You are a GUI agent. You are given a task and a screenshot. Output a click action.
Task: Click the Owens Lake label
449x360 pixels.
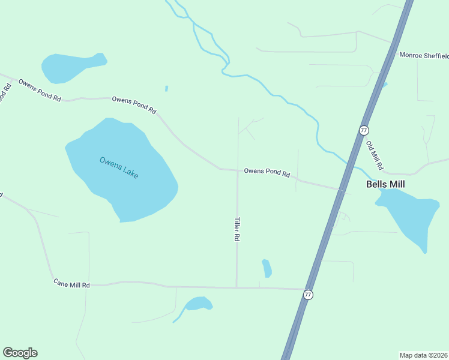119,167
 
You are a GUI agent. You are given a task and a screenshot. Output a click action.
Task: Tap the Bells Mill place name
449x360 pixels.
385,184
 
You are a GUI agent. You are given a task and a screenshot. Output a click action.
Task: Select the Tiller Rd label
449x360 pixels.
237,229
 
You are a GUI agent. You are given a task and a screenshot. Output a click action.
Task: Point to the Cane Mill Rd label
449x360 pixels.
71,283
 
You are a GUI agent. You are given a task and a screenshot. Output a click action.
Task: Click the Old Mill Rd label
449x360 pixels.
375,155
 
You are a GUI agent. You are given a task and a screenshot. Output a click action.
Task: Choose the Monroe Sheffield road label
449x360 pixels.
424,56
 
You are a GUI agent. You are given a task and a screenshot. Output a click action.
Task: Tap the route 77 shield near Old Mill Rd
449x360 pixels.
363,130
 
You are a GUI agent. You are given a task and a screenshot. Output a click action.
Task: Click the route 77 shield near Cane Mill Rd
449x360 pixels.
308,295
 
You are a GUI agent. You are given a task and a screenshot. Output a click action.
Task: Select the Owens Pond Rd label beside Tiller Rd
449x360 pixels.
267,173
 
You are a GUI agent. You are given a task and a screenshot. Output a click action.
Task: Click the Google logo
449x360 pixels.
20,353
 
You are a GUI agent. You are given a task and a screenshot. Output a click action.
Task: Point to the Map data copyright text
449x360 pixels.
424,355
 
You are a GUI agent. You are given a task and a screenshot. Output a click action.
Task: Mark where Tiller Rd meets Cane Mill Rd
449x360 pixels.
237,287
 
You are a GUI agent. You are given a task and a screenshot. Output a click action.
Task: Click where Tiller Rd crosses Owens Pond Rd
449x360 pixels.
238,170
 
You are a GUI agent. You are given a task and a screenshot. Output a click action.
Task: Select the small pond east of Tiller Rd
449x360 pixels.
267,268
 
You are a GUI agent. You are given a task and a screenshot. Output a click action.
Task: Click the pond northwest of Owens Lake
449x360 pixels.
70,66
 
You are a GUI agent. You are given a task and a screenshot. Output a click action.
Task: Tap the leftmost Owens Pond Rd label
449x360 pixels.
40,90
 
